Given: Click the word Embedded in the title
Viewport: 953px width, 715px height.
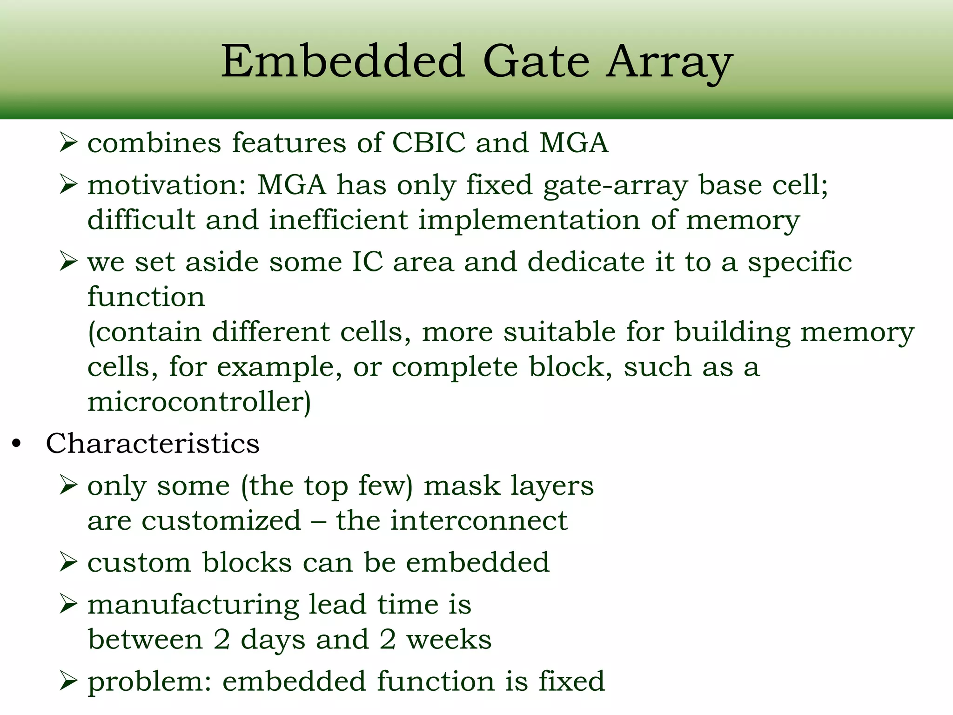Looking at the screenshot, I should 343,61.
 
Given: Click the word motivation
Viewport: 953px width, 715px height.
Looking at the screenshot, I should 166,185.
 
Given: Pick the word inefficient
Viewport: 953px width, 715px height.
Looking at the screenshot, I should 338,220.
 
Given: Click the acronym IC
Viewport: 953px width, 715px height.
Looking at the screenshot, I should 367,262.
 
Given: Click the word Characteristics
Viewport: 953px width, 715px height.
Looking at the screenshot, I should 153,443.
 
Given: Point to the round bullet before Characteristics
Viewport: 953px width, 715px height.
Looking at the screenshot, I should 17,444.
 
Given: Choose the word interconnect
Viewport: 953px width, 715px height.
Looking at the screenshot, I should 478,520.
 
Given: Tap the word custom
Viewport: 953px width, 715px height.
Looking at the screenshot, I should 139,563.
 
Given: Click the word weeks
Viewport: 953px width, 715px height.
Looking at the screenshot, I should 449,640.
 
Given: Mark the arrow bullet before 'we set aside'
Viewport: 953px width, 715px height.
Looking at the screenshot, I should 68,262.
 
